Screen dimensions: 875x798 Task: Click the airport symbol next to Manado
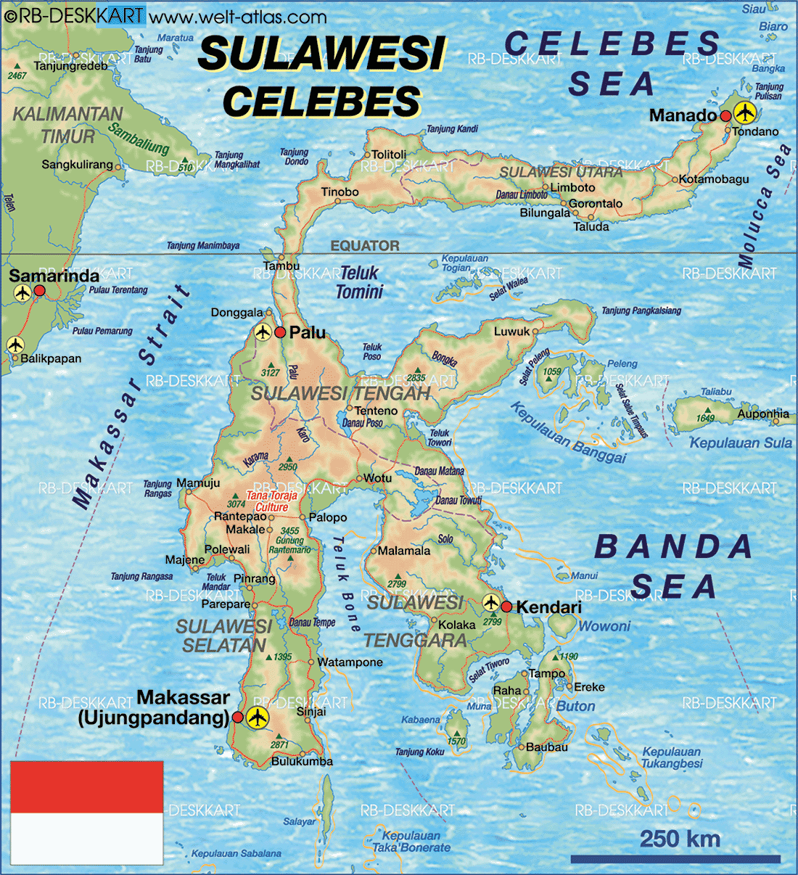click(744, 113)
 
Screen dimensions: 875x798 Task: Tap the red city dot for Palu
click(280, 333)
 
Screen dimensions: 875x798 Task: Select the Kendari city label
click(548, 607)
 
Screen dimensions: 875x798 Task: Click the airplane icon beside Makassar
click(258, 718)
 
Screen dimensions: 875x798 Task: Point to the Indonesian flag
click(86, 812)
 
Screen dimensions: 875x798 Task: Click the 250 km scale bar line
click(675, 859)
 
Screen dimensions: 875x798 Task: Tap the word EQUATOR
click(365, 246)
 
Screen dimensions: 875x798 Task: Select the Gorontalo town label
click(596, 204)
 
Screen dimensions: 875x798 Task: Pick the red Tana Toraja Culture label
click(271, 501)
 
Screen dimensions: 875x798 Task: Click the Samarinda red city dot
click(40, 291)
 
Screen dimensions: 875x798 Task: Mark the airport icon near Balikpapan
click(15, 345)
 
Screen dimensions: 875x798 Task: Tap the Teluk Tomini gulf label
click(359, 282)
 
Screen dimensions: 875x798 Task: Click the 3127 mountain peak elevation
click(270, 372)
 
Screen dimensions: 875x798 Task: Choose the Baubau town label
click(547, 747)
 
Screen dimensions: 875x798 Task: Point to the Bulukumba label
click(303, 761)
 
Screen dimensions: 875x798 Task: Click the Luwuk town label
click(512, 332)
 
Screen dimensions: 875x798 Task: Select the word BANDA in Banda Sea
click(673, 547)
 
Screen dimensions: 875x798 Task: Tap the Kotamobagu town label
click(714, 179)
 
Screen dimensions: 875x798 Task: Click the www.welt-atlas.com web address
click(238, 16)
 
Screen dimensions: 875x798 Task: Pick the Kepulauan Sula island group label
click(740, 443)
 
